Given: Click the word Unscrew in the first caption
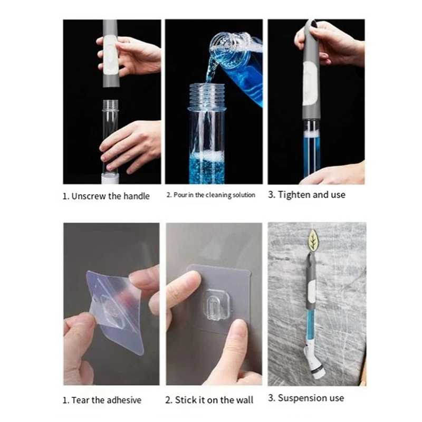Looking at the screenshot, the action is (x=89, y=196).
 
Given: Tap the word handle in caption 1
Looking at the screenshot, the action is (x=137, y=196).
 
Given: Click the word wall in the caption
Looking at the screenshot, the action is (x=244, y=400).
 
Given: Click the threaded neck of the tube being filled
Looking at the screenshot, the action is (x=207, y=95).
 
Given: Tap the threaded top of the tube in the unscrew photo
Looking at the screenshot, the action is (x=111, y=104).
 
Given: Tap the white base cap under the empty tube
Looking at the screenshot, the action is (x=110, y=179).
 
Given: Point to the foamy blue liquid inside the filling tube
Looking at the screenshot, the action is (x=207, y=167).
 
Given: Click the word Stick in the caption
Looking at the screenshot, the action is (x=186, y=400).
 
